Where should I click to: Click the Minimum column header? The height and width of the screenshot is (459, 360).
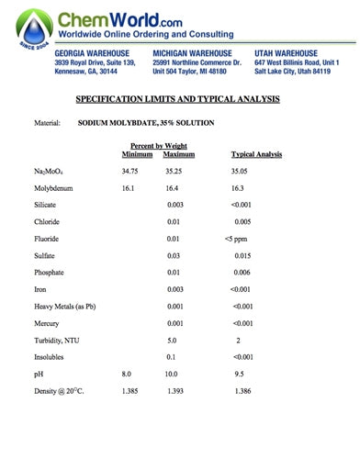(x=137, y=154)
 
